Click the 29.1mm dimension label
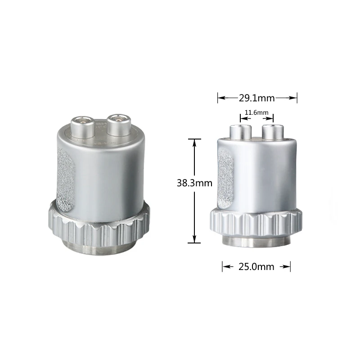click(257, 98)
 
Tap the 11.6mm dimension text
click(256, 113)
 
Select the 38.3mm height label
click(194, 183)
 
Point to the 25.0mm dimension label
click(256, 267)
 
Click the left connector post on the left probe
click(82, 127)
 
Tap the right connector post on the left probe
click(119, 125)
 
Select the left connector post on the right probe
click(240, 132)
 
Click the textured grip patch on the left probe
click(66, 180)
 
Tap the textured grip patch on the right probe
click(225, 178)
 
